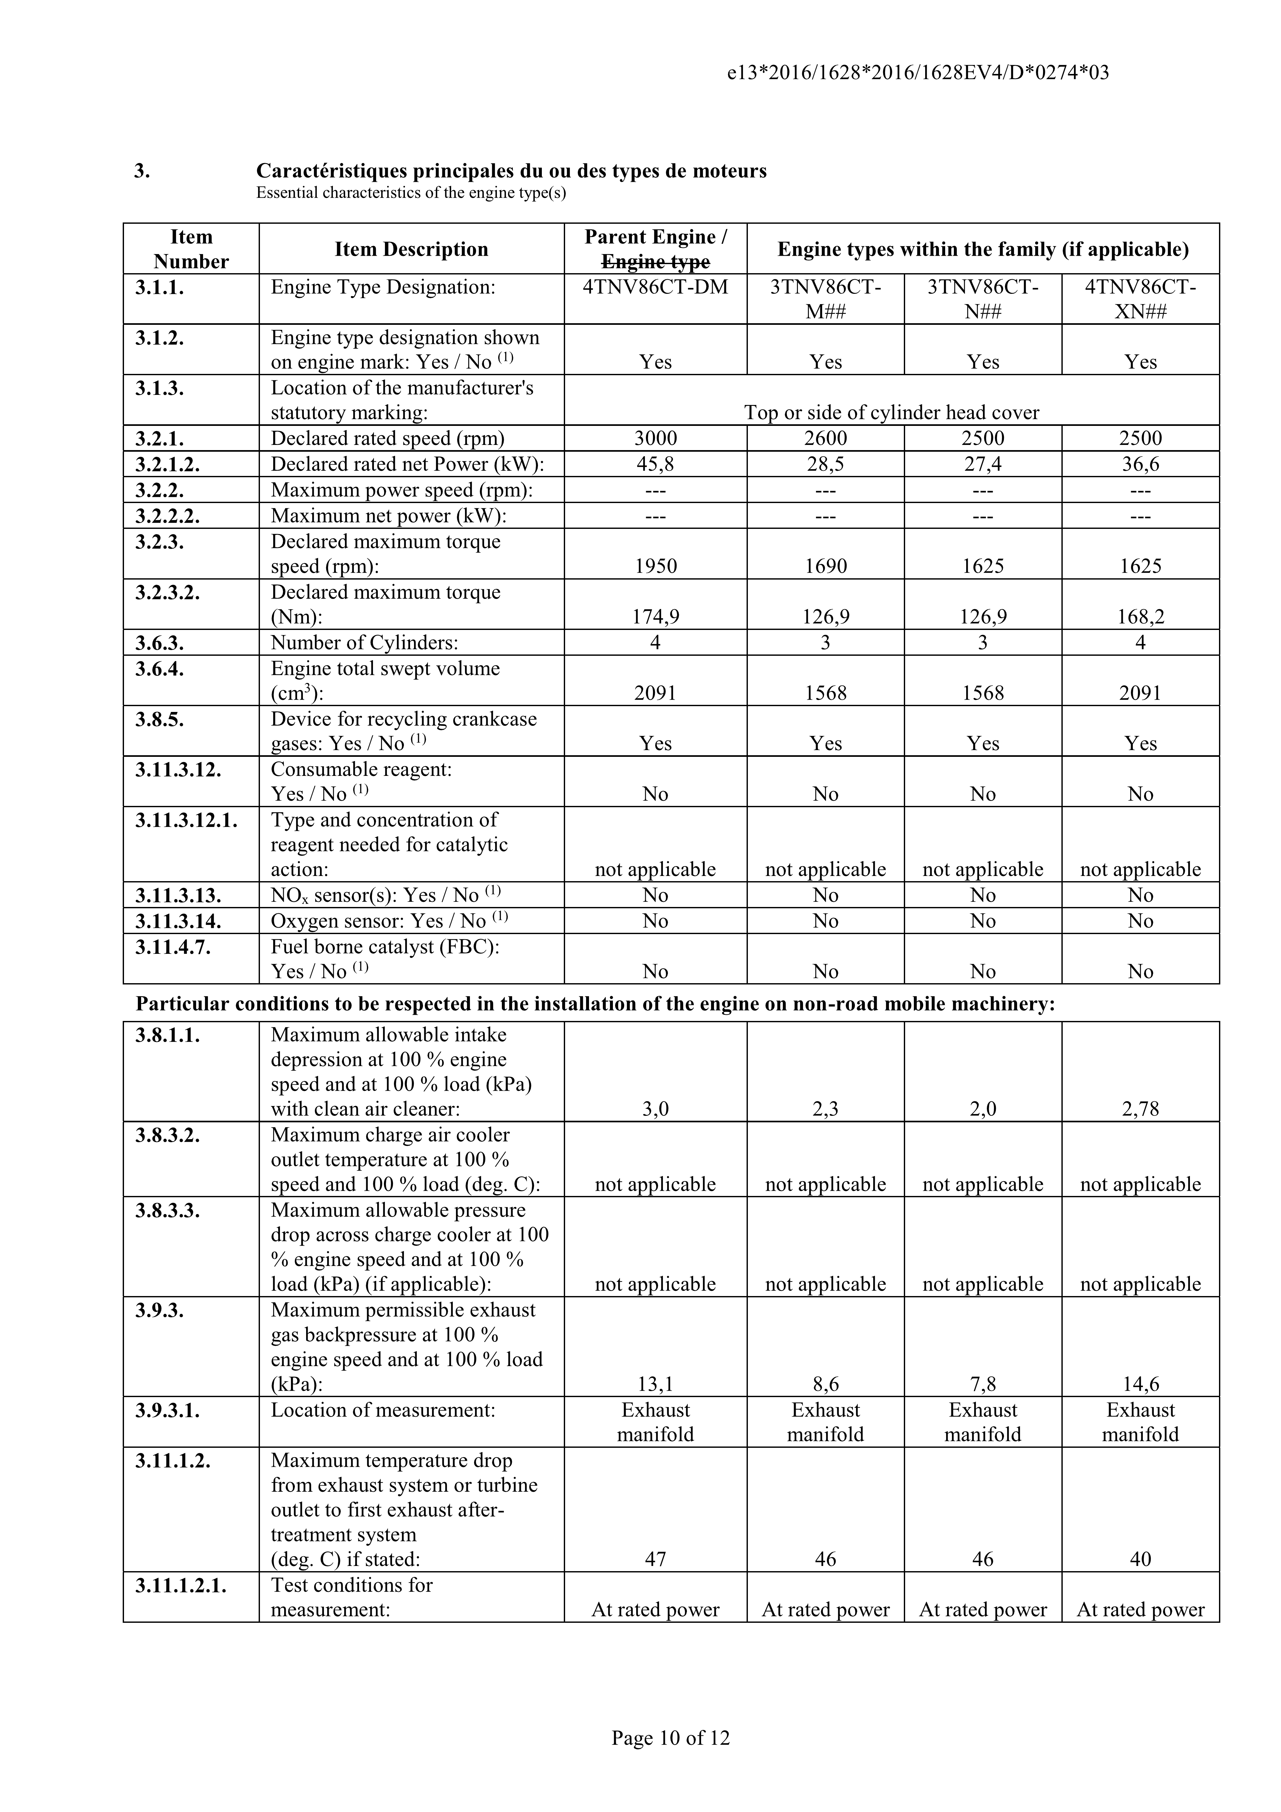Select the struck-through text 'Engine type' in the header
pyautogui.click(x=655, y=262)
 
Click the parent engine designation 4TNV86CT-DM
pyautogui.click(x=655, y=287)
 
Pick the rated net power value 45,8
pyautogui.click(x=655, y=464)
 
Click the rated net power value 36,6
pyautogui.click(x=1141, y=464)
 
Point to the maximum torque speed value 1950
pyautogui.click(x=655, y=566)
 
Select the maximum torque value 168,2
pyautogui.click(x=1141, y=616)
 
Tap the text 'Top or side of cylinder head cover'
pyautogui.click(x=892, y=413)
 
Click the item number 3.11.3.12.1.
pyautogui.click(x=186, y=820)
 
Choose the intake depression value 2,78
pyautogui.click(x=1141, y=1109)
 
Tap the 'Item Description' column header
pyautogui.click(x=411, y=249)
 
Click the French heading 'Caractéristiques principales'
pyautogui.click(x=511, y=171)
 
